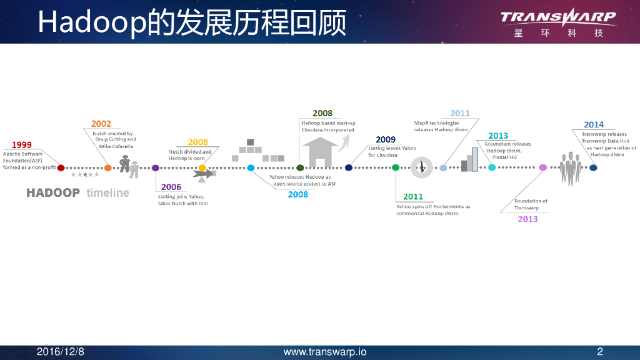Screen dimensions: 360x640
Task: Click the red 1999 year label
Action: point(22,145)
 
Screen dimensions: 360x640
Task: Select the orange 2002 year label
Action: point(101,124)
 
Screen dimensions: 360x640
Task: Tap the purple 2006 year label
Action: point(171,187)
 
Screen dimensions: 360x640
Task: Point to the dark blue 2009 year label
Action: point(386,139)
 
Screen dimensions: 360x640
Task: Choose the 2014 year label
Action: point(594,125)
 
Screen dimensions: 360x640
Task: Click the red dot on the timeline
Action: point(61,167)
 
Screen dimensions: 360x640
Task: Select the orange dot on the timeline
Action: point(108,167)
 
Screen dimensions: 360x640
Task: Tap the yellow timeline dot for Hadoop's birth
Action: point(202,167)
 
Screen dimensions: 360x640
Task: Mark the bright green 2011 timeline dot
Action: point(396,167)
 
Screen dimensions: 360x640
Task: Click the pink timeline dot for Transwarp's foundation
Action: point(542,167)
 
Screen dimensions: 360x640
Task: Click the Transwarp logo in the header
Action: point(558,22)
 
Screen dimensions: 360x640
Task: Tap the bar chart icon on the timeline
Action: point(469,159)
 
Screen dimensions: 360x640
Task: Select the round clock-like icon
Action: point(422,167)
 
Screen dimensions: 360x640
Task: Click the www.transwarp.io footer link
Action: point(325,352)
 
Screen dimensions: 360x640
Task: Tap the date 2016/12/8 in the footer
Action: point(60,352)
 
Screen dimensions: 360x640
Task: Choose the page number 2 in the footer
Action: point(600,352)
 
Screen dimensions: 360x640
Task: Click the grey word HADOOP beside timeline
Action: point(53,192)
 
